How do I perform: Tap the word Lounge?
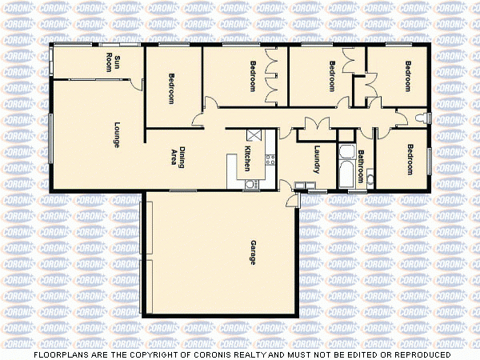[117, 133]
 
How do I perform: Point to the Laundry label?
[318, 158]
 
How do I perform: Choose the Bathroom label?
[361, 164]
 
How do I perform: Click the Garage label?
[253, 253]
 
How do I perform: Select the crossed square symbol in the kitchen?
[255, 136]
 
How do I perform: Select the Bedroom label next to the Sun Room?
[171, 89]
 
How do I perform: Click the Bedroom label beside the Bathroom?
[410, 158]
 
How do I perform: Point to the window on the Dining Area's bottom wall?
[183, 190]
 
